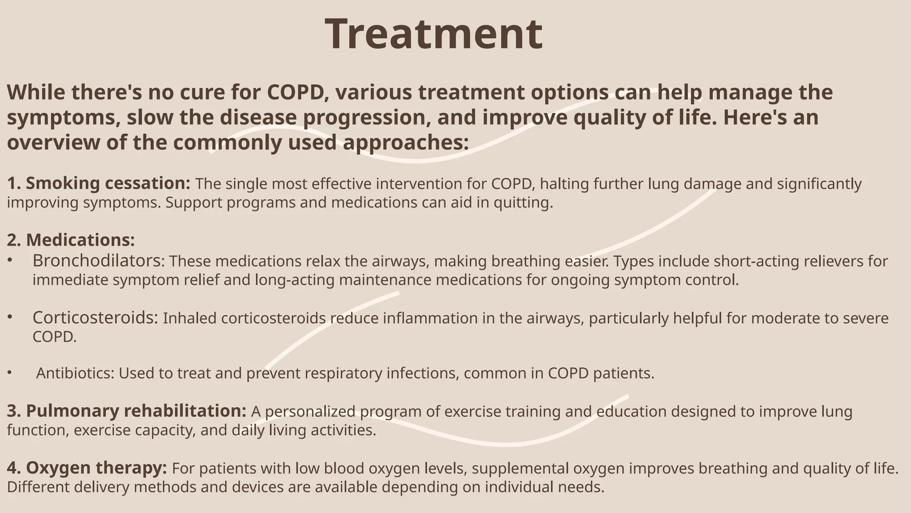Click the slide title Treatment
pos(434,34)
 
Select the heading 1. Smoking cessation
pos(99,183)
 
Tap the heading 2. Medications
pos(71,240)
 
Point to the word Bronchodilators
pos(98,261)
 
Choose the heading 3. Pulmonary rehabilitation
pos(126,411)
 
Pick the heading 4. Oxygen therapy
pos(87,468)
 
